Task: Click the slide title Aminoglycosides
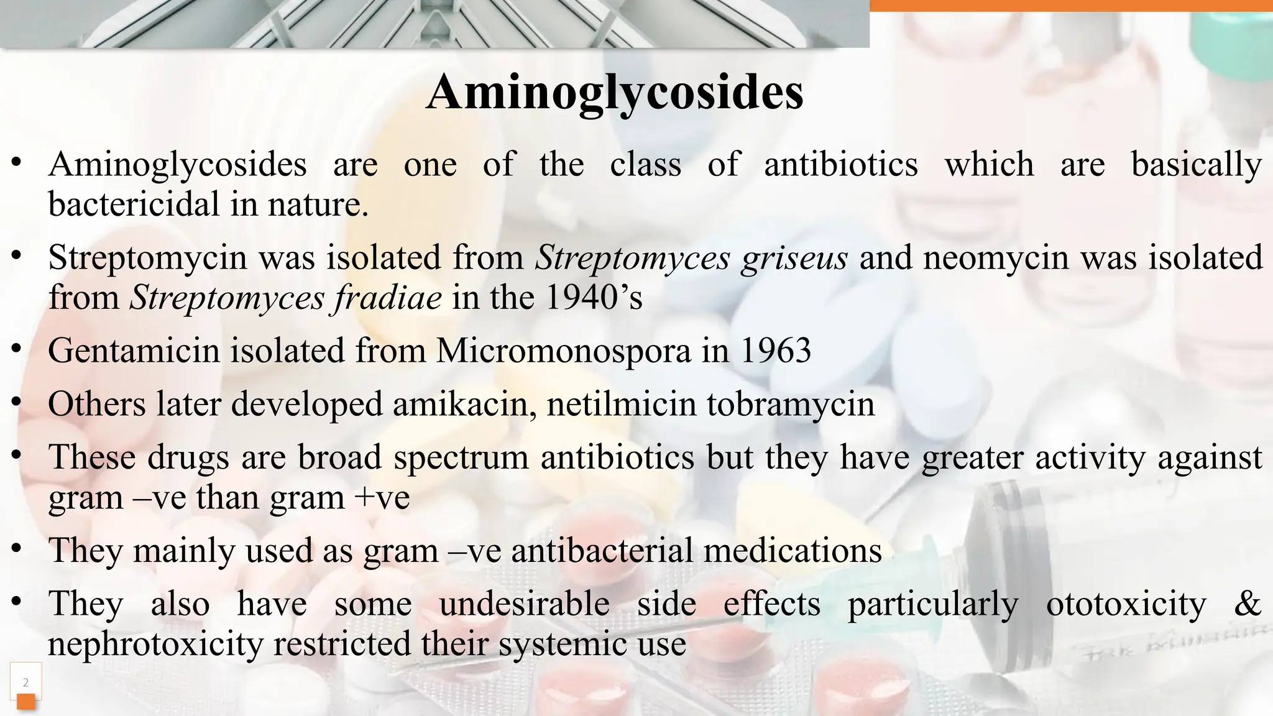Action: [614, 93]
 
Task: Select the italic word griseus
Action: [794, 257]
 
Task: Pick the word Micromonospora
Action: [563, 351]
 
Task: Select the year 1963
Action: [776, 351]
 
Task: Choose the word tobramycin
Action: [791, 404]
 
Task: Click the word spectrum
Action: [461, 457]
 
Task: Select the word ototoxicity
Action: [1126, 604]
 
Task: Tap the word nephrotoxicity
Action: [155, 644]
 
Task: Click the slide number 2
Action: [25, 682]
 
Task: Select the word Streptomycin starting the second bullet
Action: [148, 257]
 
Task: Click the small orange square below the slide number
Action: [25, 702]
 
